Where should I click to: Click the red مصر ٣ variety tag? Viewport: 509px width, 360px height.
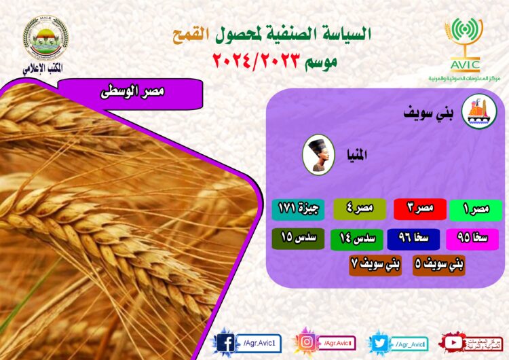coord(419,209)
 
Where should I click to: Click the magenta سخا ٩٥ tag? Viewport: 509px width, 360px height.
coord(472,238)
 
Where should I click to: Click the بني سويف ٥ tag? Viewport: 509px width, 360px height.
coord(438,264)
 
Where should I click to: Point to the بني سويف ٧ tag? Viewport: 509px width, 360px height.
coord(375,264)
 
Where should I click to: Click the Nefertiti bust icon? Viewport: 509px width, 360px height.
coord(318,155)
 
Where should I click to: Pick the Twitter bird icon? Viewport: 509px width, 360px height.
coord(380,342)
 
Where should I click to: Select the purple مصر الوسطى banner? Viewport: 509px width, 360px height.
coord(129,92)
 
